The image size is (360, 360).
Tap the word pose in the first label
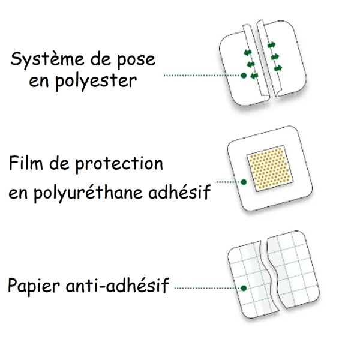point(136,61)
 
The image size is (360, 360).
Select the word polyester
point(96,82)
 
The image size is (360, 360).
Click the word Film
point(26,163)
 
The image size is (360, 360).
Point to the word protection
point(119,164)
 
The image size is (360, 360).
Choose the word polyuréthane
point(88,193)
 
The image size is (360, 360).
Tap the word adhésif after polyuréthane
point(179,191)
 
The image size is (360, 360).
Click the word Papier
point(34,286)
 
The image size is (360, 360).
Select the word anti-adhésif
point(118,285)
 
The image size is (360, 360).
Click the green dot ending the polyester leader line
point(244,76)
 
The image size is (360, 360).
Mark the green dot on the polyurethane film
point(244,182)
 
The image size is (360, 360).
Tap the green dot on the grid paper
point(244,288)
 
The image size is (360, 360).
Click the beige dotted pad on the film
point(270,168)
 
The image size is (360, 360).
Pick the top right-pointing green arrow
point(271,45)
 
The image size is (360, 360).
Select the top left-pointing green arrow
point(248,53)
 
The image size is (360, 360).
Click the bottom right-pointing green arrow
point(278,68)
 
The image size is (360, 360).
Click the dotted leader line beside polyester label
point(203,76)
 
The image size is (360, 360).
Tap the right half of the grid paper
point(293,270)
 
